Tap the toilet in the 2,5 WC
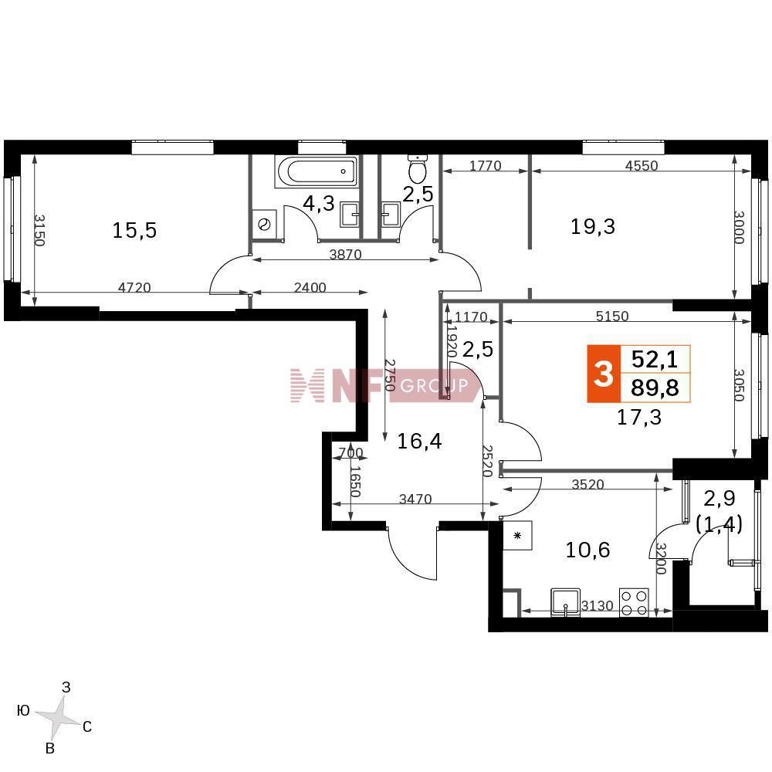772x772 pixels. [x=418, y=168]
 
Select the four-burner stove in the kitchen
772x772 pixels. [x=634, y=602]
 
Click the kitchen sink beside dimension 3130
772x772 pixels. [x=566, y=601]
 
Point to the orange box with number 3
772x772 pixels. [x=603, y=374]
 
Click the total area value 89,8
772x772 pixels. [x=655, y=388]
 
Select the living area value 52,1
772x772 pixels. [x=655, y=360]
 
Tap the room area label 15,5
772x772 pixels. [x=134, y=230]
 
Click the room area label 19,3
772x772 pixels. [x=593, y=226]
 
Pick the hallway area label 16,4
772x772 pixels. [x=419, y=441]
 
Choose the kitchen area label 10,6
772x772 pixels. [x=587, y=550]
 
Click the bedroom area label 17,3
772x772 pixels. [x=639, y=418]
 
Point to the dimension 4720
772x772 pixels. [x=134, y=287]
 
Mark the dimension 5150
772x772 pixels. [x=612, y=316]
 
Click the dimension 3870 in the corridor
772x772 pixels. [x=346, y=255]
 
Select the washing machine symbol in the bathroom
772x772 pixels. [x=265, y=225]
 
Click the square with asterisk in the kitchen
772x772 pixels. [x=517, y=536]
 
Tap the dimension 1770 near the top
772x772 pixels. [x=486, y=165]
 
